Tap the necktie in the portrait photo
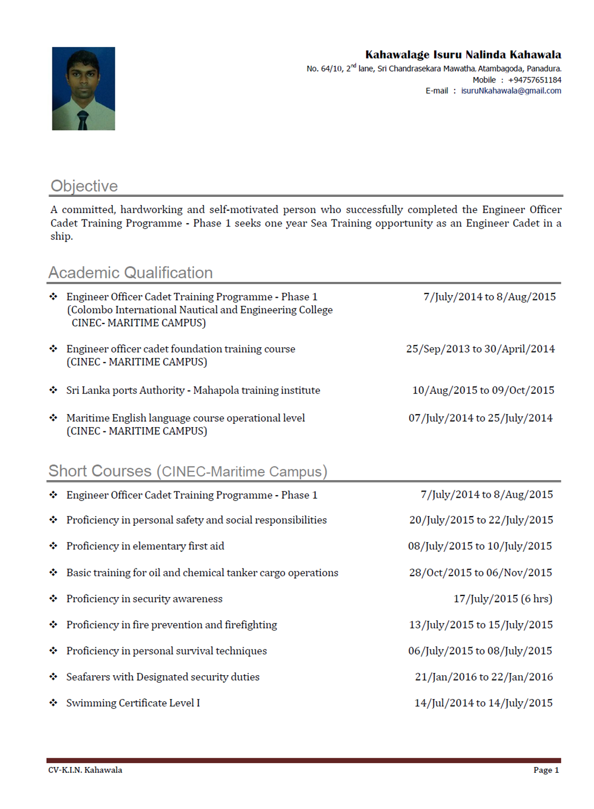[83, 120]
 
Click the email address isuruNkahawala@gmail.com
[511, 91]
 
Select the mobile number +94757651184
[534, 80]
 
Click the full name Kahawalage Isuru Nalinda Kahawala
[463, 54]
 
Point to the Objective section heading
[84, 186]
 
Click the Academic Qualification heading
[131, 273]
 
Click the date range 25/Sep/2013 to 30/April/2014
[480, 349]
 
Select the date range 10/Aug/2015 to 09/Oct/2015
[483, 390]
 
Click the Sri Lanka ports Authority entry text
[193, 390]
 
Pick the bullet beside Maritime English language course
[53, 417]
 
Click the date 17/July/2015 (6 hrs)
[502, 599]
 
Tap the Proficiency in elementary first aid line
[145, 546]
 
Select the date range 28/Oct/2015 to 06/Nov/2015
[480, 572]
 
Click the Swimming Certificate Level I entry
[133, 703]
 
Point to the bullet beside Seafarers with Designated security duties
[53, 676]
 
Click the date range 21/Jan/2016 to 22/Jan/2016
[483, 677]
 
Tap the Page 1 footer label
[546, 770]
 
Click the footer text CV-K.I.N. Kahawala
[85, 770]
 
